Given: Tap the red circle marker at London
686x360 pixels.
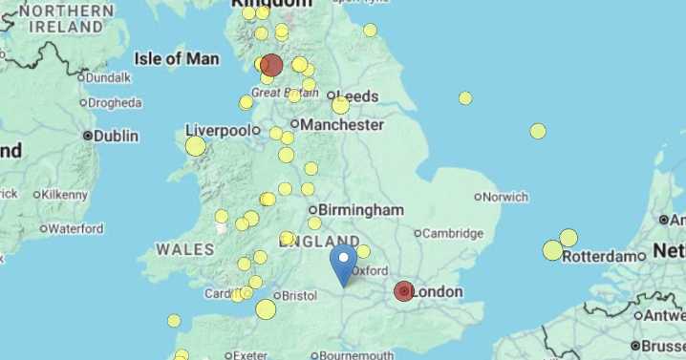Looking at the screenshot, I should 404,291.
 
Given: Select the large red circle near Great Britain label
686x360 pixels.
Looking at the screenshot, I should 271,65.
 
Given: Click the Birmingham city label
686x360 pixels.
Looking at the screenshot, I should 360,210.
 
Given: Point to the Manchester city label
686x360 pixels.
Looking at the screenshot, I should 342,125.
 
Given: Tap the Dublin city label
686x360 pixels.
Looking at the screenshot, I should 117,137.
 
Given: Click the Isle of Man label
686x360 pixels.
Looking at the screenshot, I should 177,59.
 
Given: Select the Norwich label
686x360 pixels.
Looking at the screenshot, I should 505,198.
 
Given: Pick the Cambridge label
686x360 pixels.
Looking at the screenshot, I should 453,233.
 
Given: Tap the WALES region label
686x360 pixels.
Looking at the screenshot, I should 185,249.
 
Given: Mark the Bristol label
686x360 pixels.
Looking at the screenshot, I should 299,296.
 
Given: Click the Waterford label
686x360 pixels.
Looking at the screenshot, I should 75,229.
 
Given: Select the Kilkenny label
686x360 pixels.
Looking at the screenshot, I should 65,194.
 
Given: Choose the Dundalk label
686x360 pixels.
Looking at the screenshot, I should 109,77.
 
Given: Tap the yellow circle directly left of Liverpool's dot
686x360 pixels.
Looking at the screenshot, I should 196,146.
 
